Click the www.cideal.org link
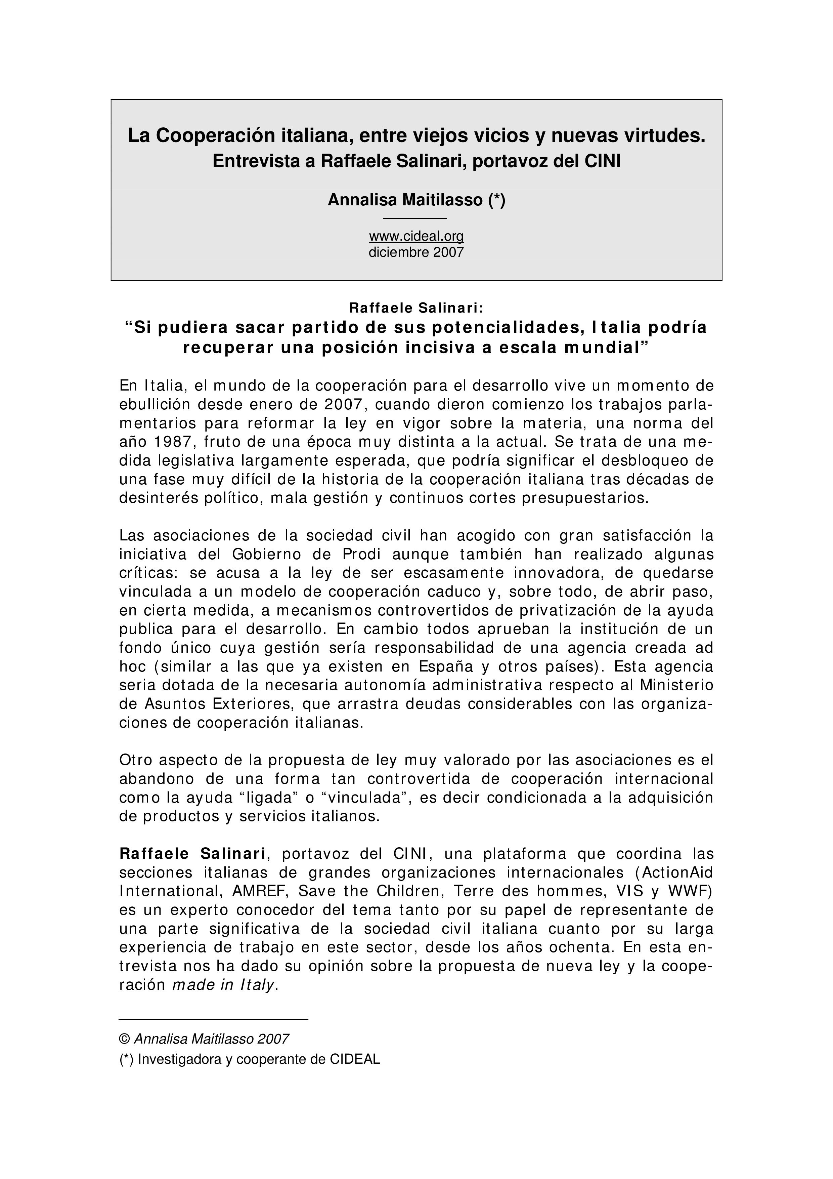click(x=416, y=236)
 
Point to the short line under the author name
click(x=415, y=219)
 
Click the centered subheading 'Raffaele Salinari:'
click(x=416, y=308)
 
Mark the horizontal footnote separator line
click(x=214, y=1018)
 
